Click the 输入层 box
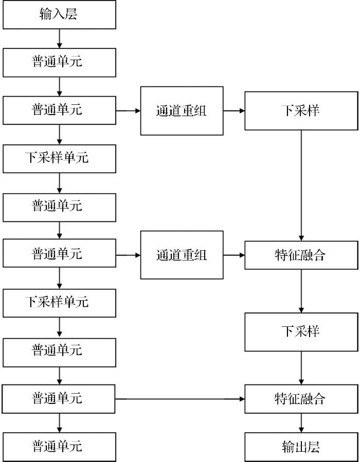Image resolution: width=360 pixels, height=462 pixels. [x=59, y=14]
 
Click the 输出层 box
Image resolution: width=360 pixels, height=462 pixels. [x=301, y=447]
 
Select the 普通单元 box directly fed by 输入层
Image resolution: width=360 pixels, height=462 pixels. [x=59, y=63]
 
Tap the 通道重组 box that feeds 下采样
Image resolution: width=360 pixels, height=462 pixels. [x=182, y=111]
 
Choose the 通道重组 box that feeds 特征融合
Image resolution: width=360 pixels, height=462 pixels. [x=182, y=255]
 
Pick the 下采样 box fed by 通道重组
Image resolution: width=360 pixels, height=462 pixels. [x=301, y=111]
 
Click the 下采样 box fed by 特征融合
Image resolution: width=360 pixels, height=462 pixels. [x=301, y=332]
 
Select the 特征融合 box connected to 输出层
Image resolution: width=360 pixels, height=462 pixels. [x=301, y=399]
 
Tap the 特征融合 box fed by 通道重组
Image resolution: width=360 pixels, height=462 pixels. [x=301, y=255]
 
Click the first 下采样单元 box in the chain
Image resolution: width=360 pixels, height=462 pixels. [x=59, y=158]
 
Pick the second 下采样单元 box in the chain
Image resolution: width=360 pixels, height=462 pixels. [x=59, y=303]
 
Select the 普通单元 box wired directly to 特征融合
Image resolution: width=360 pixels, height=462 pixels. [x=59, y=399]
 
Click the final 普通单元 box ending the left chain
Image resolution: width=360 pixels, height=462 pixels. [x=59, y=447]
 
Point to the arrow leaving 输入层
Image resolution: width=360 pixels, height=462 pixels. [x=59, y=39]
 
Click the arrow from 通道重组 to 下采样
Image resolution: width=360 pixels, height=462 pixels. [x=234, y=111]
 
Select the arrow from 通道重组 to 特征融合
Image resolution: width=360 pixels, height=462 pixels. [x=234, y=255]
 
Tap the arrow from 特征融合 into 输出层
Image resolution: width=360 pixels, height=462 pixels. [x=301, y=423]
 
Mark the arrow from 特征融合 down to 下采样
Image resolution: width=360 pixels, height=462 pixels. [x=301, y=291]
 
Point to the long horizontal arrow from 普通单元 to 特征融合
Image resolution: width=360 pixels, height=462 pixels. [x=180, y=399]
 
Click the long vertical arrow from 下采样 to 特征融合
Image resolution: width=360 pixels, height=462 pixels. [x=301, y=186]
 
